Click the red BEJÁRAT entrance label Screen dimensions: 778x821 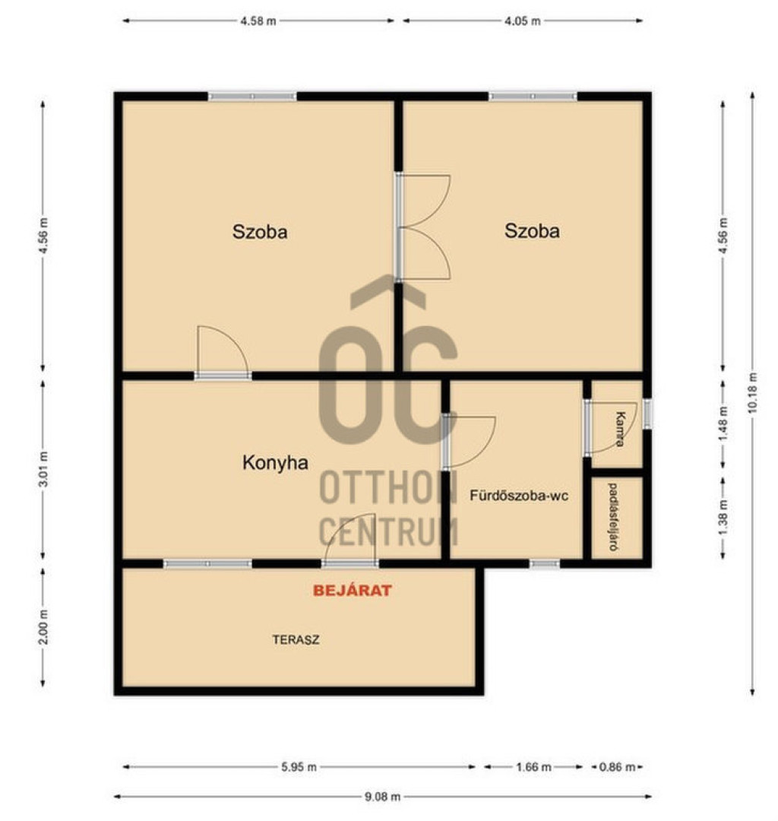[352, 591]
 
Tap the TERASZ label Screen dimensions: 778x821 [296, 639]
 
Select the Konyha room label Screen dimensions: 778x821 [275, 463]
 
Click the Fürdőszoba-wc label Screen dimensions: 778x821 [518, 496]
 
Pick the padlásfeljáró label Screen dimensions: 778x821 [613, 516]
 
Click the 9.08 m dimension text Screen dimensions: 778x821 [382, 797]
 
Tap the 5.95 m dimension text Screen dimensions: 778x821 [299, 767]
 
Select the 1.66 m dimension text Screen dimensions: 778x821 [533, 767]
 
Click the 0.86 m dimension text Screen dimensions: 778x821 [618, 767]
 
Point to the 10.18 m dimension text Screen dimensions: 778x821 [753, 392]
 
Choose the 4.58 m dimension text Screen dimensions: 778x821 [258, 21]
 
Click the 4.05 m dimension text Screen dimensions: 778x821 [523, 21]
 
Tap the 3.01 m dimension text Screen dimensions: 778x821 [43, 469]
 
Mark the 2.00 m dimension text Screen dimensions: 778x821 [43, 627]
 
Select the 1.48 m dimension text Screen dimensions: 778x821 [723, 423]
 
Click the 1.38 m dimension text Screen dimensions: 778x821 [723, 518]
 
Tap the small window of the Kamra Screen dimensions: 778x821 [648, 414]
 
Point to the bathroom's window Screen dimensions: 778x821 [545, 564]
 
